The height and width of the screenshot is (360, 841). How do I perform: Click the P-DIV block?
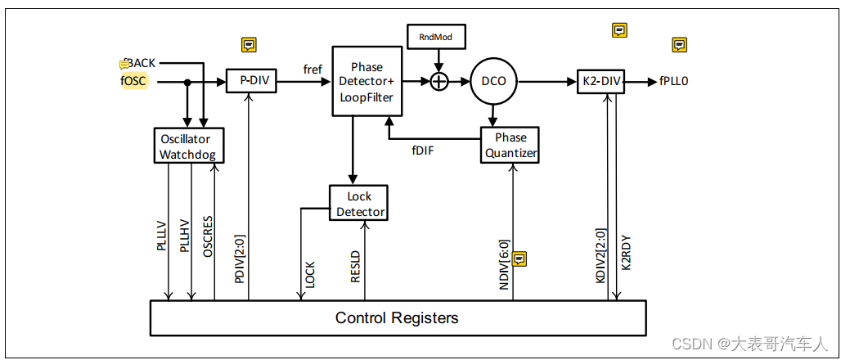[252, 82]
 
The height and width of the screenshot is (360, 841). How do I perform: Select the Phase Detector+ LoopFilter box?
[367, 82]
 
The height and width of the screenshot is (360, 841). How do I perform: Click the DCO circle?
[493, 82]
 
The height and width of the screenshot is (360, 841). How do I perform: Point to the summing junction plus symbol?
[440, 81]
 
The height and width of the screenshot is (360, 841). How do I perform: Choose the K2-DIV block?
[600, 82]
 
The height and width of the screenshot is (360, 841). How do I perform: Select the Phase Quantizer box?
[511, 145]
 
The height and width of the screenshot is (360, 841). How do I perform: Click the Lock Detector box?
[358, 204]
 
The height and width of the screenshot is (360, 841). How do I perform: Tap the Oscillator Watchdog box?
[189, 146]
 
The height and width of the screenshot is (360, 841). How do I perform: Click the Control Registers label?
[397, 317]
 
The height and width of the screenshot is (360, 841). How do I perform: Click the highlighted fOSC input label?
[133, 81]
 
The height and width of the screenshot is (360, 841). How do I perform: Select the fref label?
[313, 70]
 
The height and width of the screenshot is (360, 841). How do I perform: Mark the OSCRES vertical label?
[209, 238]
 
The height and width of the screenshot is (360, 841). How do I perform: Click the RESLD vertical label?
[355, 265]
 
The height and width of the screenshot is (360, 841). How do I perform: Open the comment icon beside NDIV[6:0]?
[519, 259]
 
